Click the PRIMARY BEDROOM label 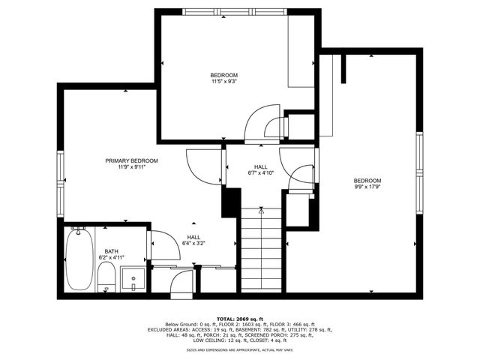click(x=131, y=160)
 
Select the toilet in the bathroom click(x=107, y=276)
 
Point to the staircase click(x=260, y=251)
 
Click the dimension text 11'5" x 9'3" click(x=223, y=82)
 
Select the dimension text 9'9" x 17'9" click(x=367, y=187)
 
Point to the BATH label click(x=111, y=251)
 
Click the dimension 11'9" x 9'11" click(x=131, y=167)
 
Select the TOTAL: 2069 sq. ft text click(x=239, y=319)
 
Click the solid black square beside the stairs click(x=230, y=202)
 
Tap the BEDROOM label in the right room click(x=367, y=181)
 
